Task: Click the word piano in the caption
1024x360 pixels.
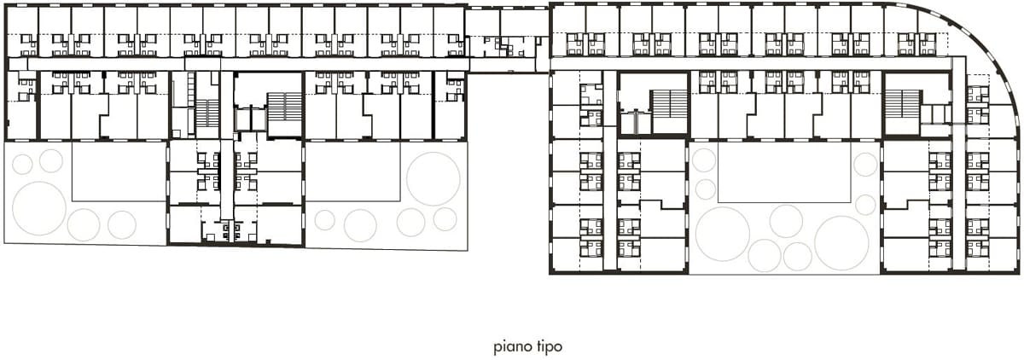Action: [x=511, y=346]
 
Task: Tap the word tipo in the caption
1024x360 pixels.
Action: [x=548, y=346]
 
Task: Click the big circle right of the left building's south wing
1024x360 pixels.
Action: [x=433, y=178]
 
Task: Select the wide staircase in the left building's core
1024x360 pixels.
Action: [x=284, y=107]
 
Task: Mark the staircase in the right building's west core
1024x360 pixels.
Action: [x=668, y=102]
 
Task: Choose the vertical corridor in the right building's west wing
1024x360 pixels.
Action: [x=610, y=170]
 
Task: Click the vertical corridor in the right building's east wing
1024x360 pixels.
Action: [x=958, y=165]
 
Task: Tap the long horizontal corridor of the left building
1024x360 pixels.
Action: [x=239, y=64]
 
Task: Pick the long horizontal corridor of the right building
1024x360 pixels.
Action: [x=750, y=63]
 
